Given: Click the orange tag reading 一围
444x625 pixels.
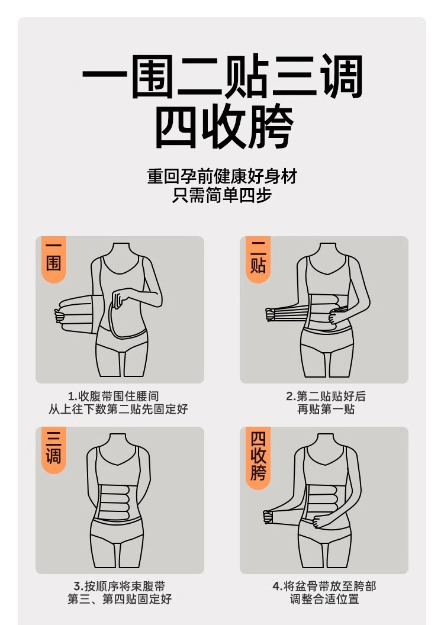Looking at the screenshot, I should [x=54, y=258].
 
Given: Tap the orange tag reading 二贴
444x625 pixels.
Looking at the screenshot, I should [x=258, y=258].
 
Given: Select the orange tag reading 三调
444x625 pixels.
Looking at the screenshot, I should [x=54, y=449].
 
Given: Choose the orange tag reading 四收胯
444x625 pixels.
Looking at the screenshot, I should [x=258, y=456].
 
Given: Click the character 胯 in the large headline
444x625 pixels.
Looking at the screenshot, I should [x=269, y=127].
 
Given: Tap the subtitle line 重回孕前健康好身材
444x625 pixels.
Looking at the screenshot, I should [x=221, y=176].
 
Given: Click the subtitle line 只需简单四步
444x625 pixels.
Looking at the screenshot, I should [x=221, y=195].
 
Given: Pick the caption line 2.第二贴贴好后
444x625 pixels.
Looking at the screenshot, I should [x=326, y=395].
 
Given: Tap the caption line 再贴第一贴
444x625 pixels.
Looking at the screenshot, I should [x=326, y=409].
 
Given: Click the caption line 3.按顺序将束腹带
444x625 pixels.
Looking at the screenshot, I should [x=119, y=586].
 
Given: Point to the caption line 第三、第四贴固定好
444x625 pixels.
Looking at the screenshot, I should [x=119, y=600].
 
